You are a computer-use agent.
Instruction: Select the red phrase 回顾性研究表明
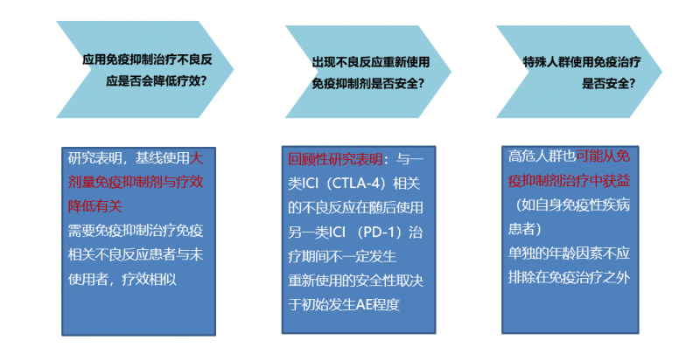coord(335,159)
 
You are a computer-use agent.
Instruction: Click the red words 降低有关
coord(95,205)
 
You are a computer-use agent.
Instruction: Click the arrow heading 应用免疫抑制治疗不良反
coord(147,59)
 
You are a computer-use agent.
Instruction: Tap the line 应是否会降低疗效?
coord(157,81)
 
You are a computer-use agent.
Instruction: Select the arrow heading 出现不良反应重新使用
coord(370,62)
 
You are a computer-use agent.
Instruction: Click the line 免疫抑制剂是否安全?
coord(367,83)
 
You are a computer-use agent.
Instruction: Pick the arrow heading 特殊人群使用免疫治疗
coord(582,62)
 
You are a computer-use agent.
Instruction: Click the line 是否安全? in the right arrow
coord(608,83)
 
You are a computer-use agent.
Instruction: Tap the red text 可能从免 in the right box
coord(603,156)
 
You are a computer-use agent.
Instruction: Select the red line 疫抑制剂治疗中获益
coord(570,181)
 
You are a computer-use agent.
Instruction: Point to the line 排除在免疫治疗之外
coord(570,278)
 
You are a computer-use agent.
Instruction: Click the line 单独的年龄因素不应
coord(570,253)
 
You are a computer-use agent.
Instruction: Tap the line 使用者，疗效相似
coord(122,280)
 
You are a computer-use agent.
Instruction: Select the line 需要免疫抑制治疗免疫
coord(136,231)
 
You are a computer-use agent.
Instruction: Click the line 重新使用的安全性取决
coord(356,281)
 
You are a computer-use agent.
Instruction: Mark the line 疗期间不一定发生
coord(342,257)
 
